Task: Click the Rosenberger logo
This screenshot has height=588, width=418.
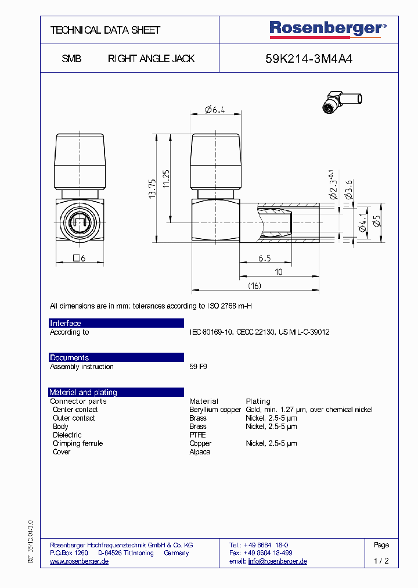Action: pos(327,29)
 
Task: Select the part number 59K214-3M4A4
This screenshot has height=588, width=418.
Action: pos(308,59)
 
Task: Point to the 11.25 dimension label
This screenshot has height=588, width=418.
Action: pos(166,180)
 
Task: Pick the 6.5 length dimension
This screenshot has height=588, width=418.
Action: pos(264,258)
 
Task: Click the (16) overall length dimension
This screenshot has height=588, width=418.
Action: pos(254,285)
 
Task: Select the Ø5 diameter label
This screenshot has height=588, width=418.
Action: pos(376,222)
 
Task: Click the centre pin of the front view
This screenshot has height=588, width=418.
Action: pos(80,221)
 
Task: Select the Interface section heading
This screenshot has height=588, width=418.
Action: pos(66,324)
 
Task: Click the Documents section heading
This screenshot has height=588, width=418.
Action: pos(69,358)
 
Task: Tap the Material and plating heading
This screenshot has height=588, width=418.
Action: pos(83,392)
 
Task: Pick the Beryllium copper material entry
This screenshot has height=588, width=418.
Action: pos(215,410)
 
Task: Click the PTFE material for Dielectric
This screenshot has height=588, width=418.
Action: pos(197,435)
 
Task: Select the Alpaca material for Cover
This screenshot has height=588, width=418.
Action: pos(200,451)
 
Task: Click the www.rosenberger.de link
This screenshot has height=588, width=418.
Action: pos(79,561)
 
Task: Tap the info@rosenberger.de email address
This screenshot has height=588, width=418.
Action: pos(277,561)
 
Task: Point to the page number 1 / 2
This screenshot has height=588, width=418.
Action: pos(381,561)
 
